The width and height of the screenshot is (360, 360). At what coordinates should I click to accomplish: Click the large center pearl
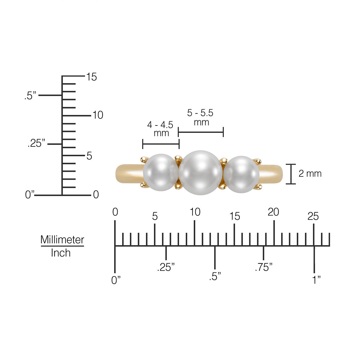[x=200, y=173]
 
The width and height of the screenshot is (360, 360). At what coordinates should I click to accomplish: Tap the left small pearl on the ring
[x=160, y=172]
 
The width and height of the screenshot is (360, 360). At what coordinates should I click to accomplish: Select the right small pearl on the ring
[x=241, y=174]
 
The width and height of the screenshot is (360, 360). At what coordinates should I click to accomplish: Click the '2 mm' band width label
[x=310, y=173]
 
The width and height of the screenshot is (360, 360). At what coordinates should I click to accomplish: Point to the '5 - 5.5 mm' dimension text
[x=200, y=117]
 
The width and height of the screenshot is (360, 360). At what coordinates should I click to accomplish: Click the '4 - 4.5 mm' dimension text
[x=160, y=129]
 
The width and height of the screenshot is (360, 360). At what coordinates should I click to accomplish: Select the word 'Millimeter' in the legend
[x=62, y=240]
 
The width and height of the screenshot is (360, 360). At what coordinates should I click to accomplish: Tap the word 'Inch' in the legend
[x=61, y=253]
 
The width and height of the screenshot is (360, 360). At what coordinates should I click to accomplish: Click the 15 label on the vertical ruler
[x=91, y=77]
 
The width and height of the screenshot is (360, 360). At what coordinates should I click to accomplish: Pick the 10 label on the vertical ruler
[x=98, y=115]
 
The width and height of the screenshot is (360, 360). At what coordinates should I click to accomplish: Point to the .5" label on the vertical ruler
[x=30, y=96]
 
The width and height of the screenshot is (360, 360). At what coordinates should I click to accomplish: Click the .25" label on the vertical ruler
[x=36, y=143]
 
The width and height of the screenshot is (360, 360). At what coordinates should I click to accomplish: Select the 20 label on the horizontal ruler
[x=273, y=212]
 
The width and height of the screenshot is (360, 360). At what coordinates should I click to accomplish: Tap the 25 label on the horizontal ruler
[x=313, y=216]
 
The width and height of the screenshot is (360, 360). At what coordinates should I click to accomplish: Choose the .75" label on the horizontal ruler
[x=264, y=267]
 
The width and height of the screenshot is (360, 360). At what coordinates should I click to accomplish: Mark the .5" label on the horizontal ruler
[x=215, y=276]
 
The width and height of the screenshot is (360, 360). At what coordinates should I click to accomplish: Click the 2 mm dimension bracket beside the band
[x=290, y=174]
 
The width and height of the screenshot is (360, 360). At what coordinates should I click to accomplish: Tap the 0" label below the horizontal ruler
[x=116, y=280]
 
